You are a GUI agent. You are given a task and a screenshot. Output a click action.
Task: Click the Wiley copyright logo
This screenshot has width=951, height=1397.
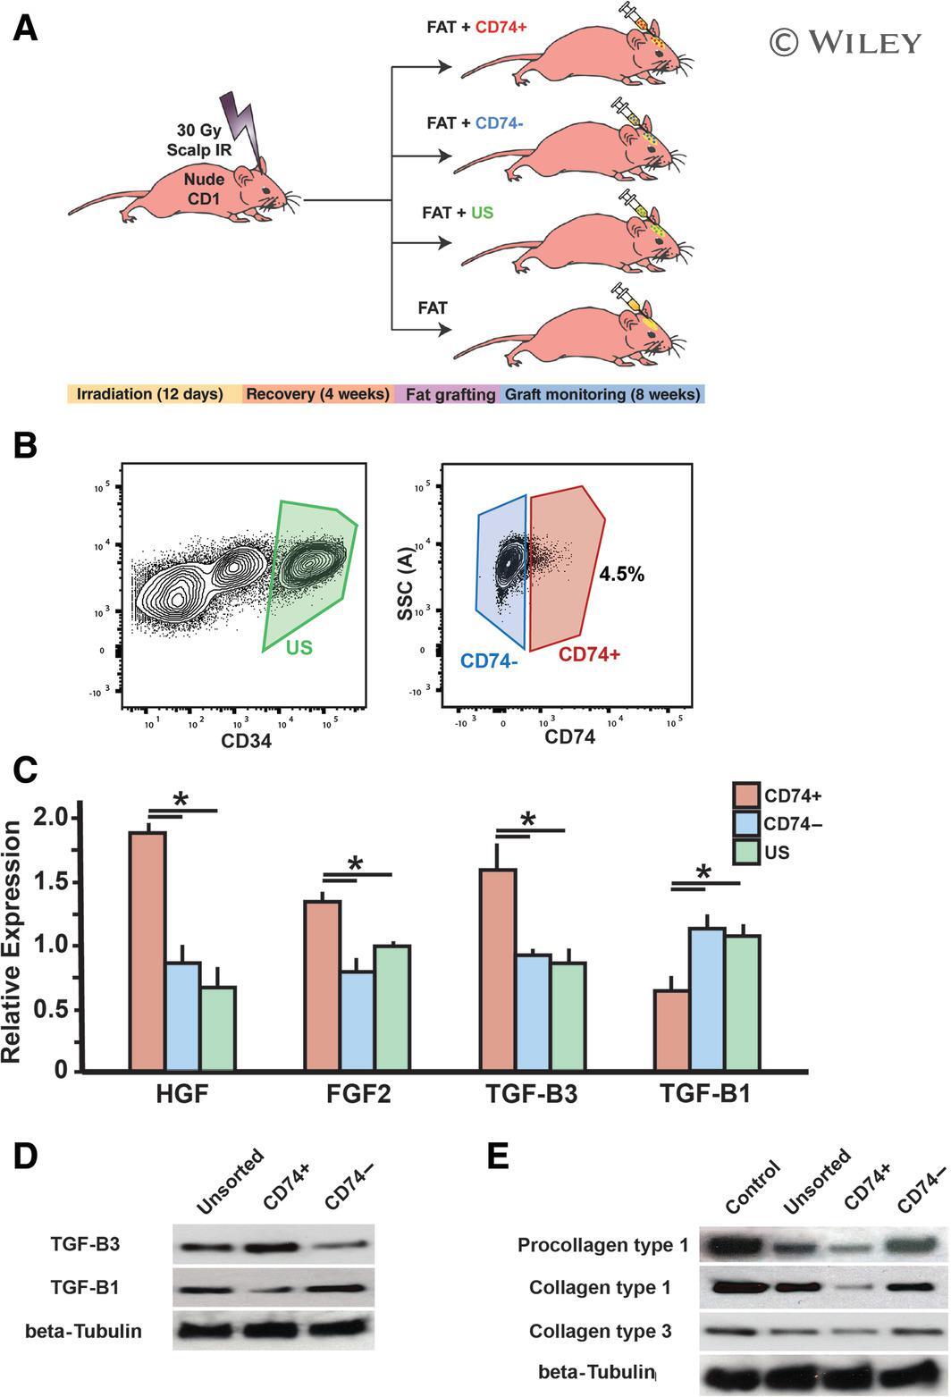click(845, 42)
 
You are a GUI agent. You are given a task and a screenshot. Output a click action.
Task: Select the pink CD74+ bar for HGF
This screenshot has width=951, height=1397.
click(147, 951)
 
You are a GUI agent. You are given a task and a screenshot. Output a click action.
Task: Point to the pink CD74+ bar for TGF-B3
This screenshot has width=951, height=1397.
click(498, 969)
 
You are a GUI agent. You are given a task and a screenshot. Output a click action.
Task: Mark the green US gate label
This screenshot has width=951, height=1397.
click(299, 647)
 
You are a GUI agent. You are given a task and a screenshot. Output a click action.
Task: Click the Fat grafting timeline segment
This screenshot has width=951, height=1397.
click(450, 394)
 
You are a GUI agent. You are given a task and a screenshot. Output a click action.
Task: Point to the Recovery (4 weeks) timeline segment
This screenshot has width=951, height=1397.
click(317, 394)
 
